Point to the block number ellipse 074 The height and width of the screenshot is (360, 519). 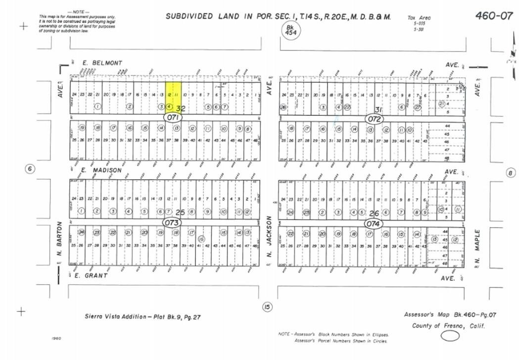click(373, 224)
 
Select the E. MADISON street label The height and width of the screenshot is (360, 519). click(101, 170)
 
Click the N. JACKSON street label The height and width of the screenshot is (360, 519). click(270, 238)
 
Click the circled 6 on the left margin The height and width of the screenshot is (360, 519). click(30, 169)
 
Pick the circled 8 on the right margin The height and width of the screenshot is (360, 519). click(511, 173)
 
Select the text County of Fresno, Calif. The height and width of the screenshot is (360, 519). click(448, 326)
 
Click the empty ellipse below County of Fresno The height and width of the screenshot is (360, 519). click(450, 336)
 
